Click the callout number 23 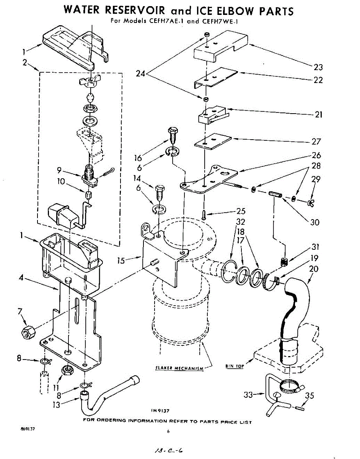pos(318,67)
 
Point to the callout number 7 pos(20,311)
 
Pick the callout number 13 pos(56,405)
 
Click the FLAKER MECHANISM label pos(179,368)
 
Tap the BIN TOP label pos(235,366)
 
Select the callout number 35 pos(309,395)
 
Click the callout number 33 pos(248,394)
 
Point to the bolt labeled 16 pos(173,135)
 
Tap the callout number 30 pos(315,222)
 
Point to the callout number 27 pos(316,141)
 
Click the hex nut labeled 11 pos(67,370)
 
